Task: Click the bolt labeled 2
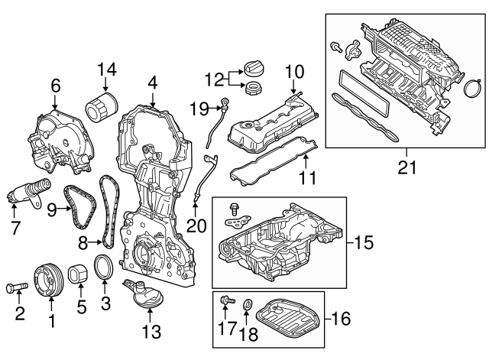click(x=17, y=288)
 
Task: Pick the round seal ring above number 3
click(x=105, y=270)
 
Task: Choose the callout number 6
click(x=55, y=86)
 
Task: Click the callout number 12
click(x=213, y=79)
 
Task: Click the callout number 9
click(x=52, y=207)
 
